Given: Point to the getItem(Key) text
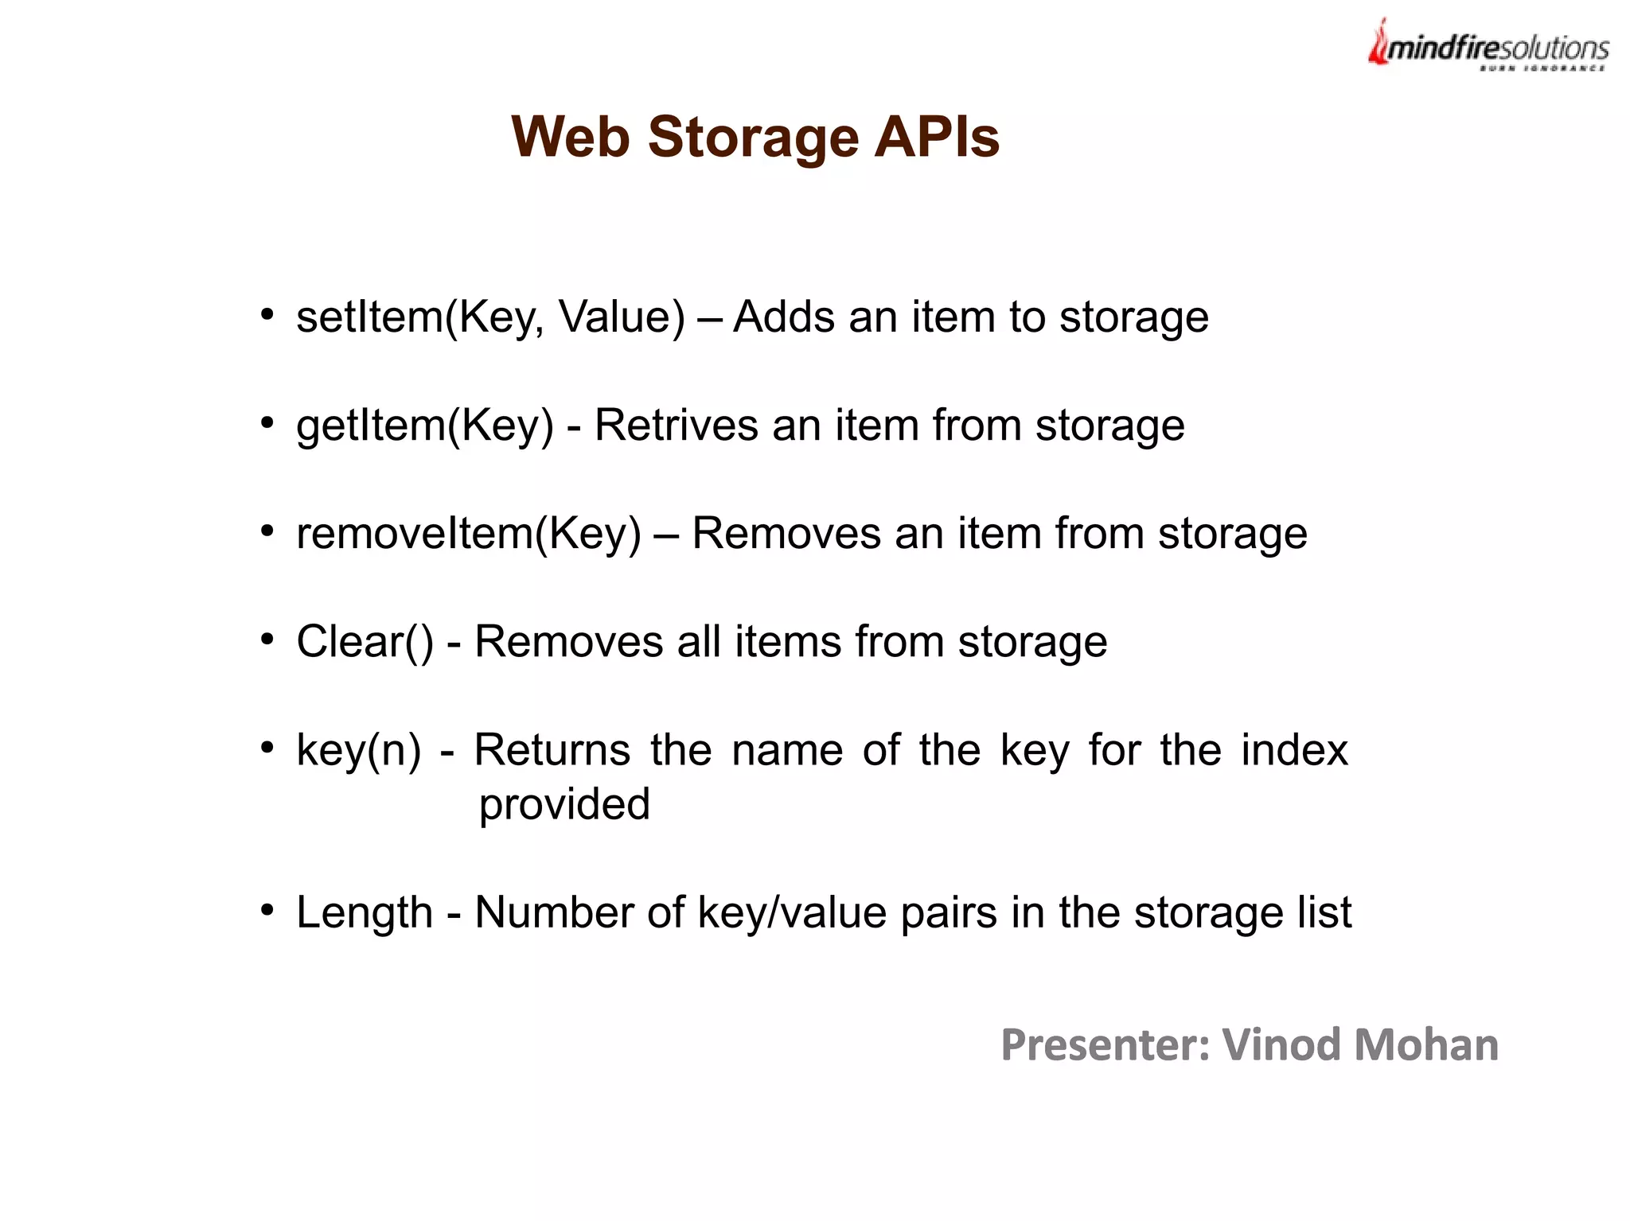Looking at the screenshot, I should click(424, 426).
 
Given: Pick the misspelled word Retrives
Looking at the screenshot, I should click(676, 425).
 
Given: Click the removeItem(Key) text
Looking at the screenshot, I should click(468, 533).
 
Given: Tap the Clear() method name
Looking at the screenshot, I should click(365, 641).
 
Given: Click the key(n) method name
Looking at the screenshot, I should click(358, 750).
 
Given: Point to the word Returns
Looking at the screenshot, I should click(552, 749).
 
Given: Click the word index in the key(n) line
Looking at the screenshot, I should click(1294, 749).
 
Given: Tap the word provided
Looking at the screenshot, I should click(564, 804).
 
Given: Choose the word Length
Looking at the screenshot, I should click(364, 912).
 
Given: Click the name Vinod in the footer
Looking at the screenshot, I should click(1281, 1044).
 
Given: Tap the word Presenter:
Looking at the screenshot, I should click(1105, 1044).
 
